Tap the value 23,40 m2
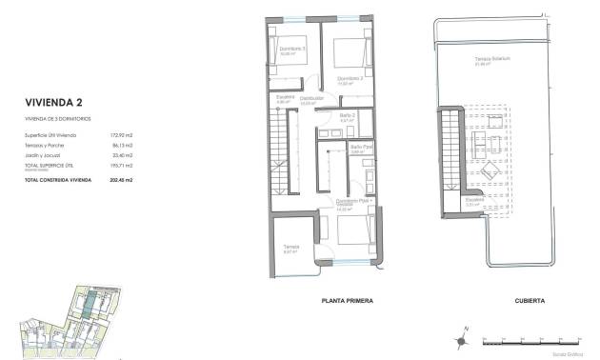pos(122,154)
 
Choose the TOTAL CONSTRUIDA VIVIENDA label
pos(58,179)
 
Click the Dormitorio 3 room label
pos(290,49)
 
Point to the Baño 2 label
pos(348,116)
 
